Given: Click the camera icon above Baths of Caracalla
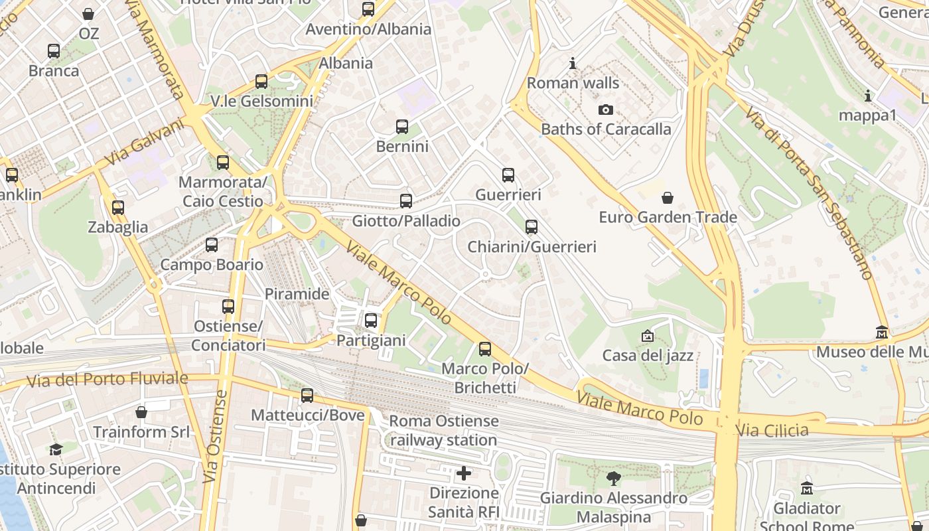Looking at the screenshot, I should pyautogui.click(x=605, y=110).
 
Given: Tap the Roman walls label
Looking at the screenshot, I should pyautogui.click(x=573, y=84).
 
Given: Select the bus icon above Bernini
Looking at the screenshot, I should pyautogui.click(x=401, y=127).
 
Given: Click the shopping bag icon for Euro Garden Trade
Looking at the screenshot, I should pyautogui.click(x=668, y=198).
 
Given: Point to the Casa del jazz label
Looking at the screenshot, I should pyautogui.click(x=648, y=356).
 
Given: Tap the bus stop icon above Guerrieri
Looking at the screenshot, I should pyautogui.click(x=508, y=175).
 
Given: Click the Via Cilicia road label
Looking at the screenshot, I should pyautogui.click(x=773, y=430).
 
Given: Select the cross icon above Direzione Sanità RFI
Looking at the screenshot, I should pyautogui.click(x=464, y=473).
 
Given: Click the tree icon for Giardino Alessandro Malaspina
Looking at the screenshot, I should pyautogui.click(x=614, y=478).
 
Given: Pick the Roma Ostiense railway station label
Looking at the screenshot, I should pyautogui.click(x=443, y=430).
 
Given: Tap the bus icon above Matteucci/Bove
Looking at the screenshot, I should pyautogui.click(x=307, y=396).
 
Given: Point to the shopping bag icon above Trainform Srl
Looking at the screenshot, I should pyautogui.click(x=141, y=412).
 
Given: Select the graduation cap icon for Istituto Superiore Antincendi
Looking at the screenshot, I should pyautogui.click(x=56, y=449).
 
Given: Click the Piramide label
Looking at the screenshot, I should pyautogui.click(x=297, y=294).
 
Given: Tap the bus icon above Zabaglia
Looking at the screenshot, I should pyautogui.click(x=118, y=208).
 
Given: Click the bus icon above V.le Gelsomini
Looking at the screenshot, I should pyautogui.click(x=261, y=82).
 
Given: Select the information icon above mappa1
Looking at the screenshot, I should pyautogui.click(x=867, y=96).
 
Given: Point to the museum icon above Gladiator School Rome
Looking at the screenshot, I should pyautogui.click(x=806, y=489).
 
